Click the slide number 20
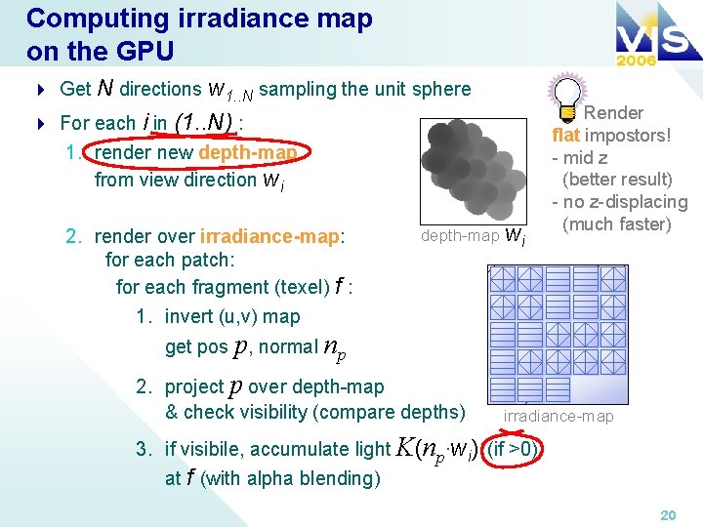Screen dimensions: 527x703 point(668,514)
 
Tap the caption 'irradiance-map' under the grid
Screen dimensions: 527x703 point(558,417)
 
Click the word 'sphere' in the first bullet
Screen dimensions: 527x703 point(441,89)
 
